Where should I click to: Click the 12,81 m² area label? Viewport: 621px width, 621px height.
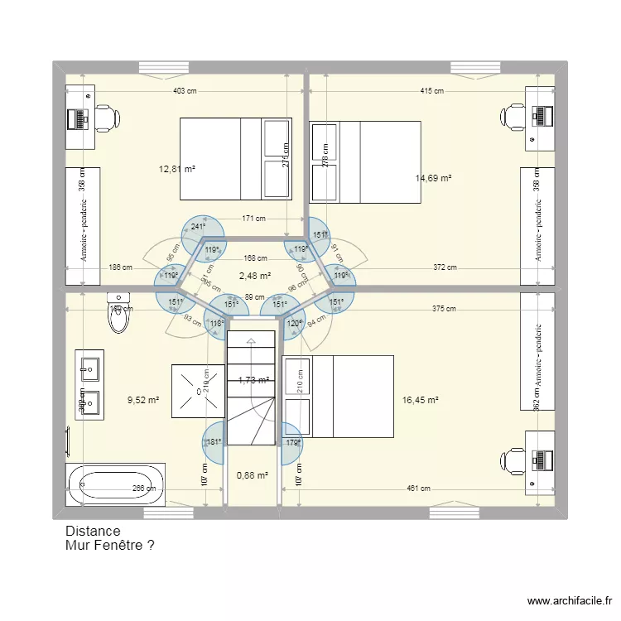[176, 169]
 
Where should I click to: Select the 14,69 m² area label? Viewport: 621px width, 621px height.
[433, 178]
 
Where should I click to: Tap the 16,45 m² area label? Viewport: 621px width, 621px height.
[420, 400]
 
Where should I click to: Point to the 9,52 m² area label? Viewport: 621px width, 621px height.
[142, 400]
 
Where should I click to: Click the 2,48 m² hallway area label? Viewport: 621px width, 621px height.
[254, 276]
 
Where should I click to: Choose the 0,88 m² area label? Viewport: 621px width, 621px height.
[252, 475]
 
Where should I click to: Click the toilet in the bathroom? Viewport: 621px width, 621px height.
[119, 313]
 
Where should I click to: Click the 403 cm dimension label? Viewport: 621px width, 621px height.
[184, 91]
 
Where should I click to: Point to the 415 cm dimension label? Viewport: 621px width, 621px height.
[431, 91]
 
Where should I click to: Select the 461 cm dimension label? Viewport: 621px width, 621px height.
[417, 489]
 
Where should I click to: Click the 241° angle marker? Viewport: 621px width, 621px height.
[198, 226]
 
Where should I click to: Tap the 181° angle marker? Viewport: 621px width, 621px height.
[214, 442]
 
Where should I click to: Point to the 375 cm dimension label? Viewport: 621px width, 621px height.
[445, 309]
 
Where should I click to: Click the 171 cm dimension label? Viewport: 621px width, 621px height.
[254, 219]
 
